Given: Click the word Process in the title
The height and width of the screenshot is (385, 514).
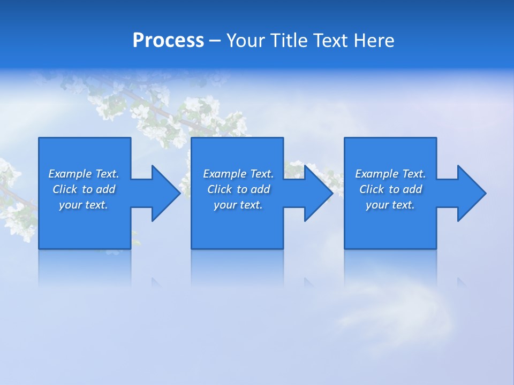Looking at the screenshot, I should pos(168,41).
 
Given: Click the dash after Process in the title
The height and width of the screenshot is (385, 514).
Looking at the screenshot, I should pos(215,41).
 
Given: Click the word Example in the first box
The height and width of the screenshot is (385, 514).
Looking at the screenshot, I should pos(70,174).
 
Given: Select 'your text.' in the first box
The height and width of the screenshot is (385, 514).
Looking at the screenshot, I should pos(84,205).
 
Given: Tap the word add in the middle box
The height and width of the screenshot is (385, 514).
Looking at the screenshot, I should pos(260,189).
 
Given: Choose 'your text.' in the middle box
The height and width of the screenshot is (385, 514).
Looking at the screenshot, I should pos(238,205).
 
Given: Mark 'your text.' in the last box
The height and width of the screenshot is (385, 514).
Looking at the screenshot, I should pos(390,205).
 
